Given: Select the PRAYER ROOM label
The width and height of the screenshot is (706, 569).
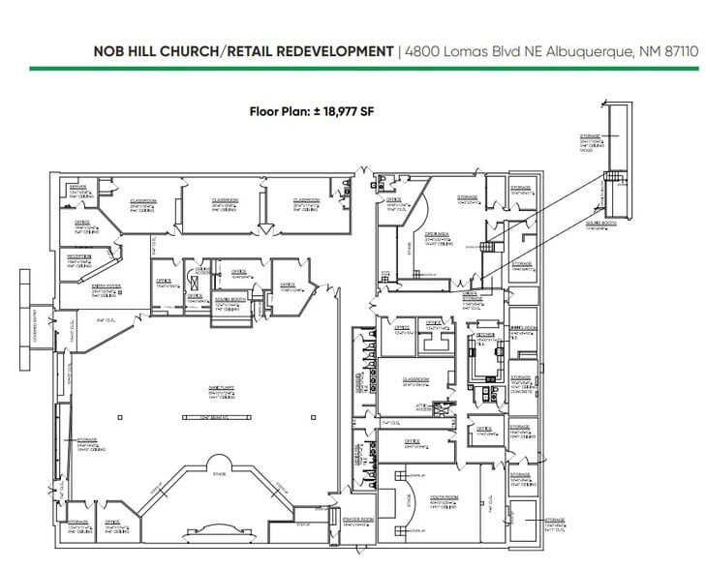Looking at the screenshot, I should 358,519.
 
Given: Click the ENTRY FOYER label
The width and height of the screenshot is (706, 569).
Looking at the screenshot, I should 77,285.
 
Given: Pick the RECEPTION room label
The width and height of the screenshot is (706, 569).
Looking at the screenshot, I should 78,256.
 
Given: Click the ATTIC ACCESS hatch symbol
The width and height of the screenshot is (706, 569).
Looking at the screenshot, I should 444,408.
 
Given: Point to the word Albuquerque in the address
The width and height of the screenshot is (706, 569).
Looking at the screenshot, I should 556,50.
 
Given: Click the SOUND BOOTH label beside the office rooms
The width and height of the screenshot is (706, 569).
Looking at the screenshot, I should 228,299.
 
